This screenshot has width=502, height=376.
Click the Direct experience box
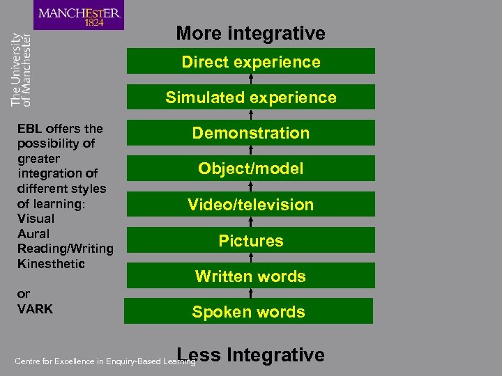pyautogui.click(x=250, y=61)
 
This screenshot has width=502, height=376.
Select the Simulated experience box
pyautogui.click(x=250, y=97)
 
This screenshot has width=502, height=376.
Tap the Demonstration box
pyautogui.click(x=250, y=133)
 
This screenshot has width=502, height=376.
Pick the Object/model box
pyautogui.click(x=250, y=169)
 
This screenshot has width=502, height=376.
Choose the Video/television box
pyautogui.click(x=250, y=205)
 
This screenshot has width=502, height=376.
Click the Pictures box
pyautogui.click(x=250, y=240)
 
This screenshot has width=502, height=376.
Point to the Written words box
pyautogui.click(x=250, y=276)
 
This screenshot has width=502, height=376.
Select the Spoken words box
pyautogui.click(x=248, y=312)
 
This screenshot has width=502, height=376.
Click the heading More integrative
pyautogui.click(x=250, y=33)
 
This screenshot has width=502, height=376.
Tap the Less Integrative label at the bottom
pyautogui.click(x=251, y=355)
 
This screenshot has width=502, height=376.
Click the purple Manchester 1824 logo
pyautogui.click(x=79, y=15)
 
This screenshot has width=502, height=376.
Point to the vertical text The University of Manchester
pyautogui.click(x=21, y=70)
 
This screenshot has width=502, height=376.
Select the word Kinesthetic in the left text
pyautogui.click(x=51, y=264)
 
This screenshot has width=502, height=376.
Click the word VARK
pyautogui.click(x=35, y=308)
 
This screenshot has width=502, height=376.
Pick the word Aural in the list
pyautogui.click(x=33, y=233)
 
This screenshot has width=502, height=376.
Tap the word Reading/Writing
pyautogui.click(x=65, y=249)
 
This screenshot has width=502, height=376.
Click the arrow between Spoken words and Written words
pyautogui.click(x=251, y=293)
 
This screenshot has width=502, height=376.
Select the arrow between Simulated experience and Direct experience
pyautogui.click(x=251, y=79)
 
